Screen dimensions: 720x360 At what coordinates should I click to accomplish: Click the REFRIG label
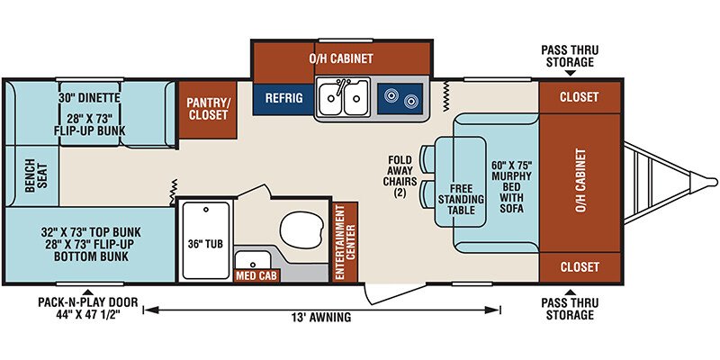pyautogui.click(x=283, y=98)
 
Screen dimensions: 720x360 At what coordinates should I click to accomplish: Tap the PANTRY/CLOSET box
pyautogui.click(x=208, y=110)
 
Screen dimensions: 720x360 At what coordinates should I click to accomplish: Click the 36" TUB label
pyautogui.click(x=205, y=244)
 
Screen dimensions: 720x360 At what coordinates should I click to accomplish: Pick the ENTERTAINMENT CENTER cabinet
pyautogui.click(x=345, y=242)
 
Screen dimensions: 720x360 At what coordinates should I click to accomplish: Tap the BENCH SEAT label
pyautogui.click(x=37, y=175)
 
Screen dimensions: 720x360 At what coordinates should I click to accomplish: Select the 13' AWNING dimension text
pyautogui.click(x=321, y=317)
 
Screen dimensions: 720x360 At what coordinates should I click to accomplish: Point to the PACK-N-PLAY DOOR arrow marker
pyautogui.click(x=88, y=292)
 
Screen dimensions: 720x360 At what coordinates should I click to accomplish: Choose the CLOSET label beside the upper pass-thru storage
pyautogui.click(x=579, y=97)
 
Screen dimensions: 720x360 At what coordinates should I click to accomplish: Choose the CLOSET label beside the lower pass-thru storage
pyautogui.click(x=580, y=266)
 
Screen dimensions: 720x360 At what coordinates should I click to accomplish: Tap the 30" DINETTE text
pyautogui.click(x=89, y=98)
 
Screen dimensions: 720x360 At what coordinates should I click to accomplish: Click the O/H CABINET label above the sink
pyautogui.click(x=340, y=58)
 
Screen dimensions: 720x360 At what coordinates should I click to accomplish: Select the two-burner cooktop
pyautogui.click(x=400, y=99)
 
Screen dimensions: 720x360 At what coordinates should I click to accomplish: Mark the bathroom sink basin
pyautogui.click(x=253, y=261)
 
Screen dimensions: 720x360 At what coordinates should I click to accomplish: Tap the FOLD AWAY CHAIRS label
pyautogui.click(x=400, y=176)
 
